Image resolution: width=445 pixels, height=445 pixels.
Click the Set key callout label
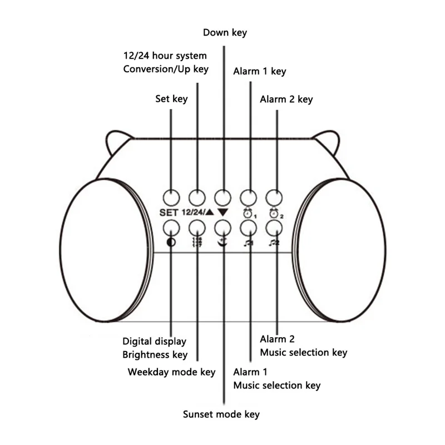pos(171,99)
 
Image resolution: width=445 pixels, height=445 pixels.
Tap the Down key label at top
pos(225,32)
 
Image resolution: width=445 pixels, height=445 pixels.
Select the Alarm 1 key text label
pos(259,71)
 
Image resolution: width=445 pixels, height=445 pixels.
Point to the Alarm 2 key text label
pos(286,99)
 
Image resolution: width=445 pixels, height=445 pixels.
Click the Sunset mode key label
pos(221,414)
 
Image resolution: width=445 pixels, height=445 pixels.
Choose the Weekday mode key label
pos(171,371)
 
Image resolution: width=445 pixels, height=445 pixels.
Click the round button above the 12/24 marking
pos(197,197)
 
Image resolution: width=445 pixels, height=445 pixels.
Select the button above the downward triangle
pos(222,197)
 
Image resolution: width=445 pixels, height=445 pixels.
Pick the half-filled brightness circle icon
pos(170,242)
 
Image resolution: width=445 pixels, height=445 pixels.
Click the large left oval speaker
pos(106,250)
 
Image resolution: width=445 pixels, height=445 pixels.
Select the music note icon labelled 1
pos(248,243)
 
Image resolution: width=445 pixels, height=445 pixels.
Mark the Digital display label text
pos(154,341)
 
